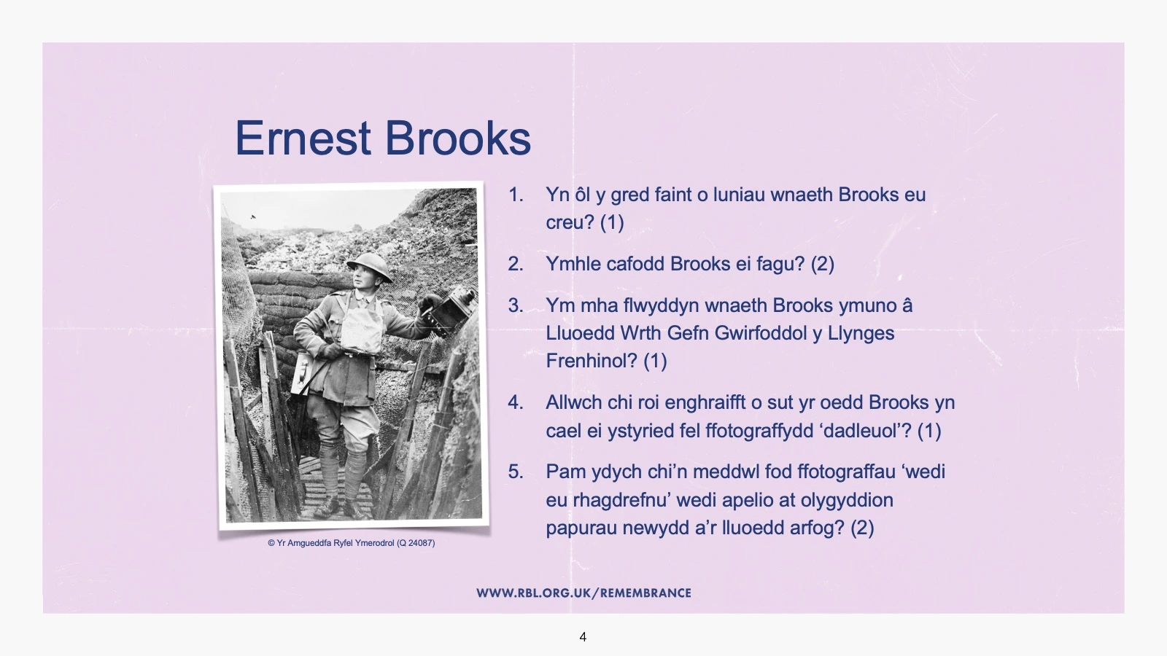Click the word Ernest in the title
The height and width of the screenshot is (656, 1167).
click(303, 138)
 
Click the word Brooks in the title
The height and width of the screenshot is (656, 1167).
click(458, 138)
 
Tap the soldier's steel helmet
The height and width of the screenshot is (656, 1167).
click(369, 266)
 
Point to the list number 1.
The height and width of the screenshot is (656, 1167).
click(516, 195)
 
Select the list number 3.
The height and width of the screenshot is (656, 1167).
click(516, 305)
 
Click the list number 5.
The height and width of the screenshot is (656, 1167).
click(516, 472)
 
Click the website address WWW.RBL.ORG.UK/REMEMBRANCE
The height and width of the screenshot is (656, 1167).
click(583, 593)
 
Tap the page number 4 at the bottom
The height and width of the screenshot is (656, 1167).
click(583, 637)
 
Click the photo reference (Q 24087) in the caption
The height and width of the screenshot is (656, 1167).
click(416, 543)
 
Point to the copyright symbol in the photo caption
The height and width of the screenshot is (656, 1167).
click(271, 543)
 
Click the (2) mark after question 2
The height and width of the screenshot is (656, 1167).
click(823, 264)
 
